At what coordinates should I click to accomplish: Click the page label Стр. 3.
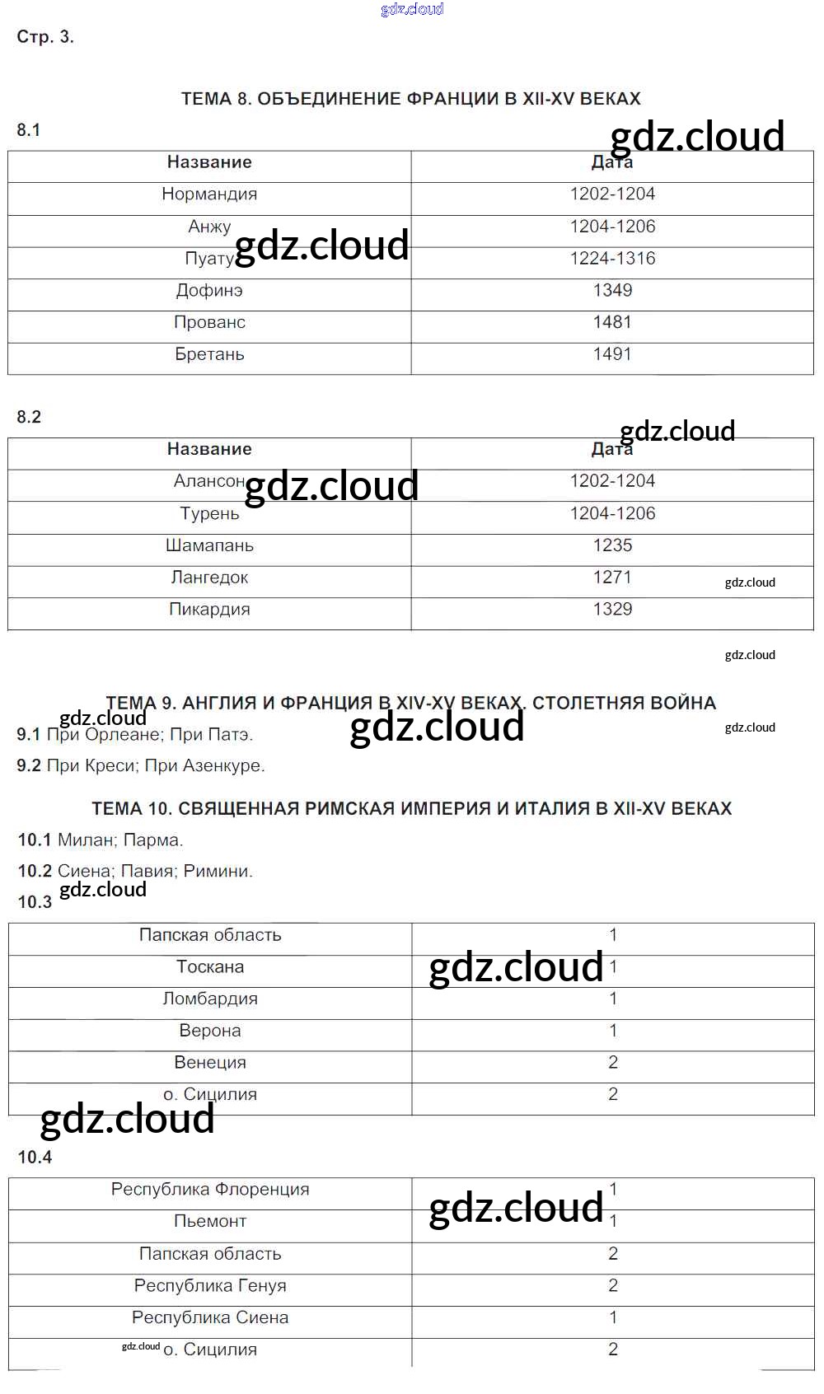tap(45, 37)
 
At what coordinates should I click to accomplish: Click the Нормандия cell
tap(209, 194)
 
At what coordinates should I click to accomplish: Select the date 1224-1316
tap(612, 259)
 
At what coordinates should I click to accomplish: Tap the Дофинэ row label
tap(209, 291)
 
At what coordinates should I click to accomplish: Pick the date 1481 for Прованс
tap(612, 322)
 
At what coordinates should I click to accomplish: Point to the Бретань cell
tap(209, 354)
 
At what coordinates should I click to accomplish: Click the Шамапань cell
tap(209, 545)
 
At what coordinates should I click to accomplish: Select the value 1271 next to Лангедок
tap(612, 578)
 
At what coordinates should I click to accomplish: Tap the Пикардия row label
tap(209, 610)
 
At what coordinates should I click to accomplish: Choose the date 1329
tap(612, 610)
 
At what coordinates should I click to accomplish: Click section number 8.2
tap(29, 417)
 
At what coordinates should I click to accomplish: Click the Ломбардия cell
tap(210, 999)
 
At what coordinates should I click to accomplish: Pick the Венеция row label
tap(210, 1063)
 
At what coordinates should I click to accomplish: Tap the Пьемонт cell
tap(210, 1222)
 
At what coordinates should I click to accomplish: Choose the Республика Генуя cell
tap(210, 1286)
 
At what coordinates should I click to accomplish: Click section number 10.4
tap(35, 1158)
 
